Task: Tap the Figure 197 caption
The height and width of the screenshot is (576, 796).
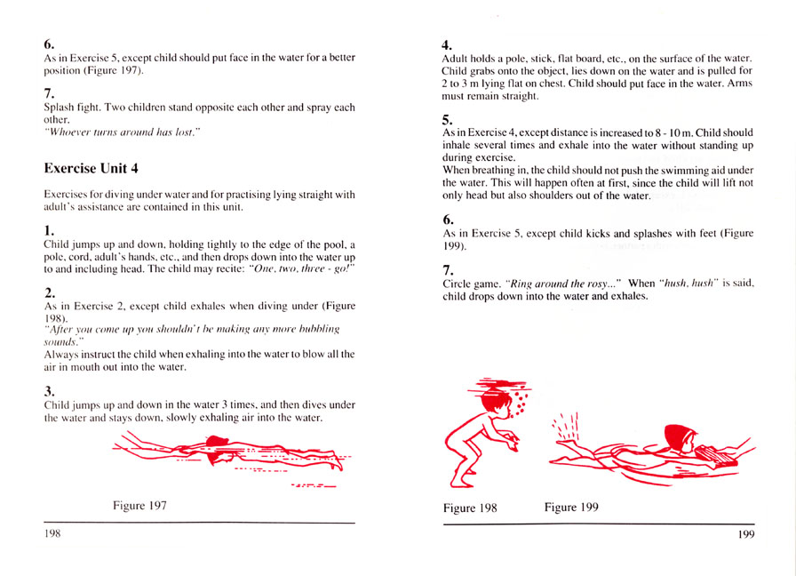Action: [x=139, y=506]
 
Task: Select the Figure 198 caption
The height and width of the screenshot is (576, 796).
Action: [x=469, y=508]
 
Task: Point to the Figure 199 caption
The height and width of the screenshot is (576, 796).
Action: [x=571, y=508]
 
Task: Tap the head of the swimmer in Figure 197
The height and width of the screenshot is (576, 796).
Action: [x=216, y=443]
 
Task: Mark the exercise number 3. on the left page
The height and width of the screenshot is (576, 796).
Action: [x=50, y=389]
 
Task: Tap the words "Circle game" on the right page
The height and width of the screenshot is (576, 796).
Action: [x=472, y=284]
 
